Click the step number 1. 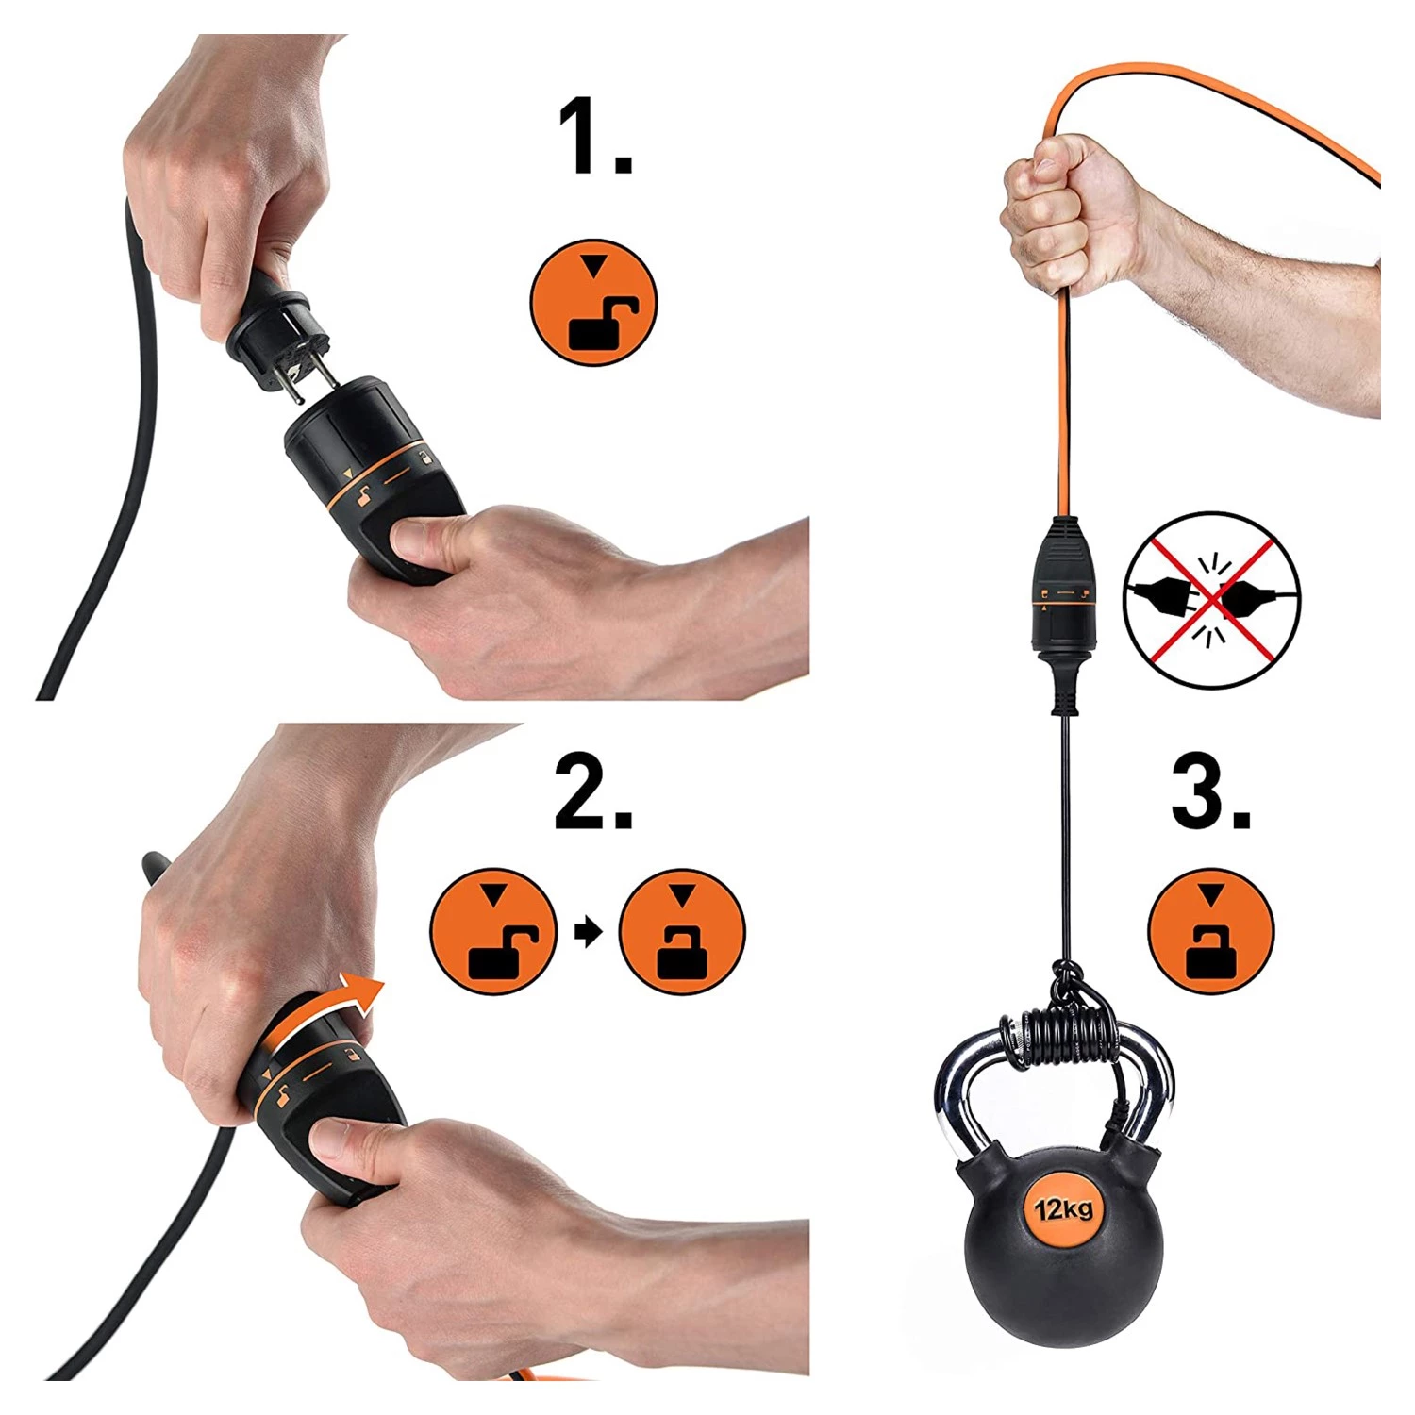click(594, 137)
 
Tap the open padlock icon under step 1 click(593, 302)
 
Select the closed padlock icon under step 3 click(1211, 931)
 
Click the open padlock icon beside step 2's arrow click(493, 932)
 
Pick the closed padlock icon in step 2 click(682, 932)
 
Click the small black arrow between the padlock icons click(588, 933)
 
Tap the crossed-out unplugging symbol click(1212, 600)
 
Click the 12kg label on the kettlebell click(1063, 1208)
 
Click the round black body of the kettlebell click(1062, 1240)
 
